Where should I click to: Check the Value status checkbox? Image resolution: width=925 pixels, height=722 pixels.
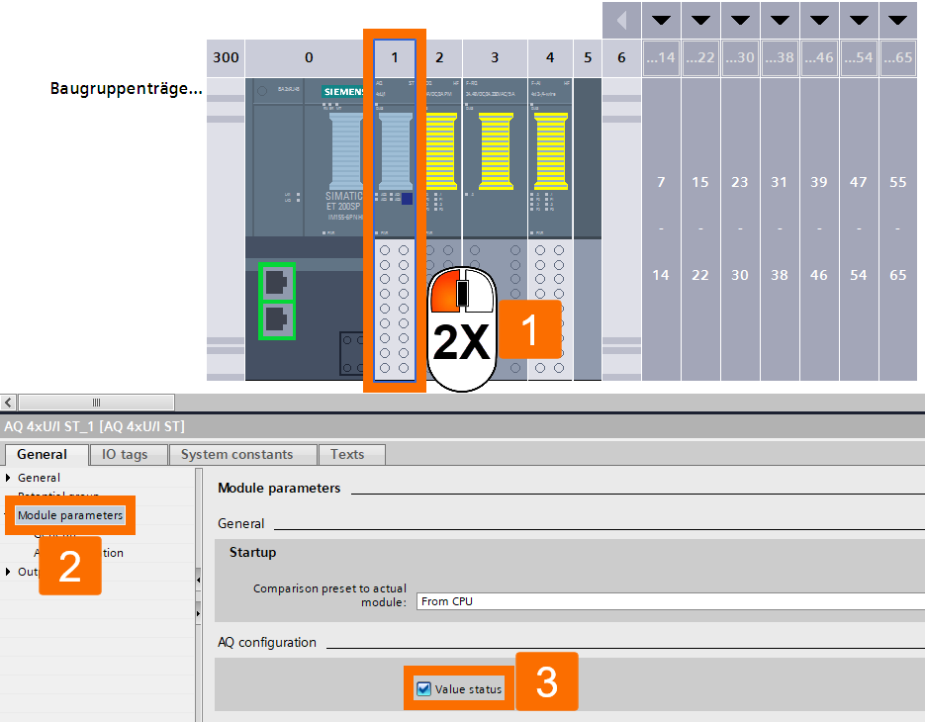point(424,689)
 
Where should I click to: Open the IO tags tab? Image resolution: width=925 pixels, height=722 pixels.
point(125,455)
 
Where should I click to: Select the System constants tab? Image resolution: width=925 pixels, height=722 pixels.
point(236,455)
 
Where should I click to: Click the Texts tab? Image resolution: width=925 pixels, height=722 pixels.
point(347,455)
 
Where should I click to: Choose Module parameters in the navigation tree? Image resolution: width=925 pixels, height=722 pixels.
point(70,515)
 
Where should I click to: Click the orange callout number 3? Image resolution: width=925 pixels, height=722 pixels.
point(546,682)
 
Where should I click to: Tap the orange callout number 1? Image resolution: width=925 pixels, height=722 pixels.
point(529,330)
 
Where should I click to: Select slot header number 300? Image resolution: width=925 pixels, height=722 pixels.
point(226,58)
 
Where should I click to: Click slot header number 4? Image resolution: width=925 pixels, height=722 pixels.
point(550,58)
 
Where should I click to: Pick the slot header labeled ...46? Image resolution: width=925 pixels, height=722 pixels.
point(818,58)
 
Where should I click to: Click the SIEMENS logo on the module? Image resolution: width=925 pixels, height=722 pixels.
point(344,92)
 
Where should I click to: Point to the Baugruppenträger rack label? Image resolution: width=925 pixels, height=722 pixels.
point(126,89)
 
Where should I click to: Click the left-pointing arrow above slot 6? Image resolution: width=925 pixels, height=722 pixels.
point(621,20)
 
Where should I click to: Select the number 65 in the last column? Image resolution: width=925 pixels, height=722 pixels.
point(897,275)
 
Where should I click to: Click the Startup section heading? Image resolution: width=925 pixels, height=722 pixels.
point(253,552)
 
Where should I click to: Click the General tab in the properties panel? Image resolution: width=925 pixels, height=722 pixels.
point(43,455)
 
